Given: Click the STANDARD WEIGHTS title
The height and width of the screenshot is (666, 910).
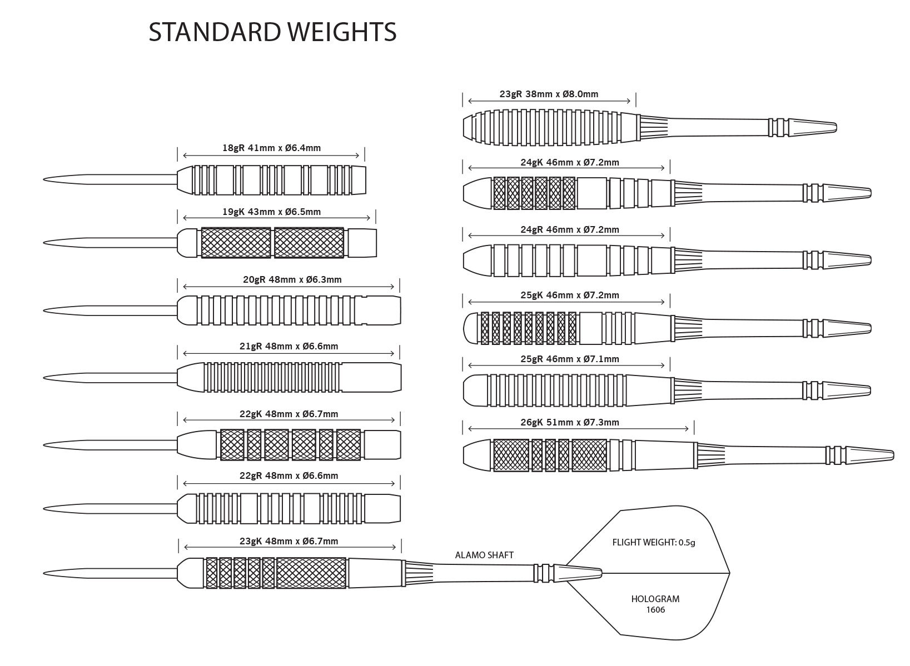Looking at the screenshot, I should [272, 32].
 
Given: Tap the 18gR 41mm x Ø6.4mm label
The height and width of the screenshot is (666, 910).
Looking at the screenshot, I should [271, 148].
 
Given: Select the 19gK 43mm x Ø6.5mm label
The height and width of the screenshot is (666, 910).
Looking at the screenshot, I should [271, 212].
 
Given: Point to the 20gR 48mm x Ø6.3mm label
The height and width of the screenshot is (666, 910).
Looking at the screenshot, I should [292, 279].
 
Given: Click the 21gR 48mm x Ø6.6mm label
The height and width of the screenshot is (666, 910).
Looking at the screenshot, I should [289, 346].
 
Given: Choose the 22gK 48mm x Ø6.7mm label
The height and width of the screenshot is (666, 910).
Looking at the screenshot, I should [289, 414].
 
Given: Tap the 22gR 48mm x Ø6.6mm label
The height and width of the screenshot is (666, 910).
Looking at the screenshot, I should [289, 475].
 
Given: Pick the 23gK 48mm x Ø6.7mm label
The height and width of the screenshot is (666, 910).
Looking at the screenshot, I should [289, 541].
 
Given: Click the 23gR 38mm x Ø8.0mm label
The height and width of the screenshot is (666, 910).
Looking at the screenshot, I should [549, 94].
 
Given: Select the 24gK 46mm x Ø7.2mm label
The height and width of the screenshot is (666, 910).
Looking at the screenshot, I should [569, 162].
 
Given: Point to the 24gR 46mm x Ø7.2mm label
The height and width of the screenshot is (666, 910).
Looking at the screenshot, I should [569, 229].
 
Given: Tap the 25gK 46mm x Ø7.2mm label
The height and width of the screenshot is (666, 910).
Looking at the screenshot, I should [569, 295].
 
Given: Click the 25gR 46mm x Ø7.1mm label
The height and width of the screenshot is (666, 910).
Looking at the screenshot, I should [569, 359].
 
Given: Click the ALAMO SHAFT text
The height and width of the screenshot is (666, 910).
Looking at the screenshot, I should [484, 555].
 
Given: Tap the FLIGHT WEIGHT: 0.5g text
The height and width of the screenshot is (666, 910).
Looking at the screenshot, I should [654, 542].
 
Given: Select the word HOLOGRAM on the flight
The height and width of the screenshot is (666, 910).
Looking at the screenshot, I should [655, 599].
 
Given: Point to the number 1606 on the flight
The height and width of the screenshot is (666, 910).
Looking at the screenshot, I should [655, 610].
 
